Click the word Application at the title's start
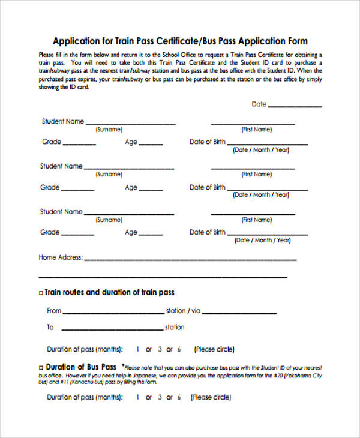tap(76, 41)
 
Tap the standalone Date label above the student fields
tap(259, 104)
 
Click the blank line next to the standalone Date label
tap(295, 106)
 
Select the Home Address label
tap(60, 257)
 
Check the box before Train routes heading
tap(41, 293)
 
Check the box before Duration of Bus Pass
tap(41, 367)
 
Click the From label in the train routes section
tap(54, 311)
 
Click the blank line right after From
tap(113, 313)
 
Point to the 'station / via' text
tap(183, 311)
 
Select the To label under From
tap(50, 327)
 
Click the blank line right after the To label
tap(113, 329)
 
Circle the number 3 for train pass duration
tap(160, 349)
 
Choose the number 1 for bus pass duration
tap(138, 397)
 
